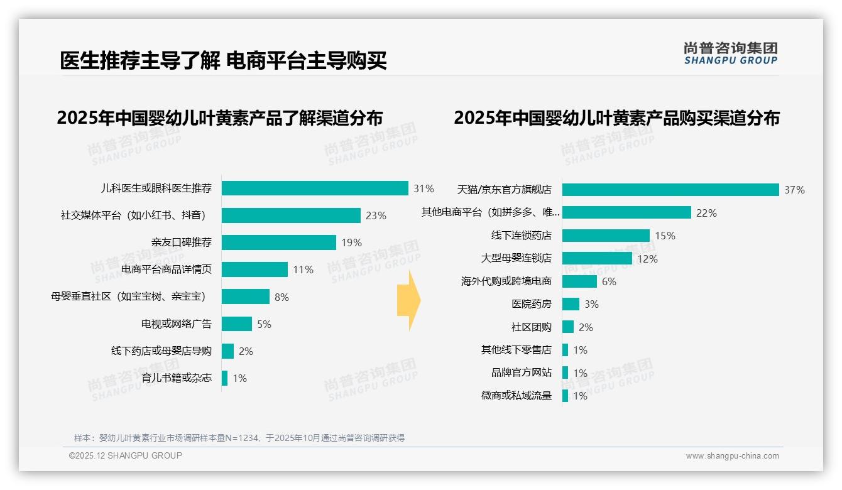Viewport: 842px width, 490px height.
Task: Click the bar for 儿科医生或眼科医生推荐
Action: tap(315, 188)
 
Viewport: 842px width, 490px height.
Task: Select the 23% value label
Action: tap(376, 216)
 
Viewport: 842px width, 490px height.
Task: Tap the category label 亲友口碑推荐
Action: tap(182, 242)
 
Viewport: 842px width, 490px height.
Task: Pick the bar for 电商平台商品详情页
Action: tap(254, 269)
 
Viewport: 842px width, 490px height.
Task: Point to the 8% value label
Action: tap(282, 297)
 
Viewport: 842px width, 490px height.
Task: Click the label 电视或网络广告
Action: tap(177, 324)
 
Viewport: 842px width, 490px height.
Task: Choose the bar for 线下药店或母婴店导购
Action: tap(227, 351)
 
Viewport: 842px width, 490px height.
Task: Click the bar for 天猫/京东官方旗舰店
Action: tap(670, 190)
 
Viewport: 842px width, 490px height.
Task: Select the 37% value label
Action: tap(794, 190)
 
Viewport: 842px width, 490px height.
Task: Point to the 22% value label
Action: tap(706, 213)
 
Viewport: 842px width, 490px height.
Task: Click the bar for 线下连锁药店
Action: tap(606, 236)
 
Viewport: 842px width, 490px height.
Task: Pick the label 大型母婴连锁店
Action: tap(516, 258)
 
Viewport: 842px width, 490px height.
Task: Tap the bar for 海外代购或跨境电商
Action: tap(579, 281)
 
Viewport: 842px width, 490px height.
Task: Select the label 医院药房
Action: tap(532, 304)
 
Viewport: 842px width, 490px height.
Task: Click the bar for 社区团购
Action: tap(567, 327)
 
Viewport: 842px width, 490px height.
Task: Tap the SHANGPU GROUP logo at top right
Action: tap(730, 53)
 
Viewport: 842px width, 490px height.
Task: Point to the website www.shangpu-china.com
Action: tap(732, 456)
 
